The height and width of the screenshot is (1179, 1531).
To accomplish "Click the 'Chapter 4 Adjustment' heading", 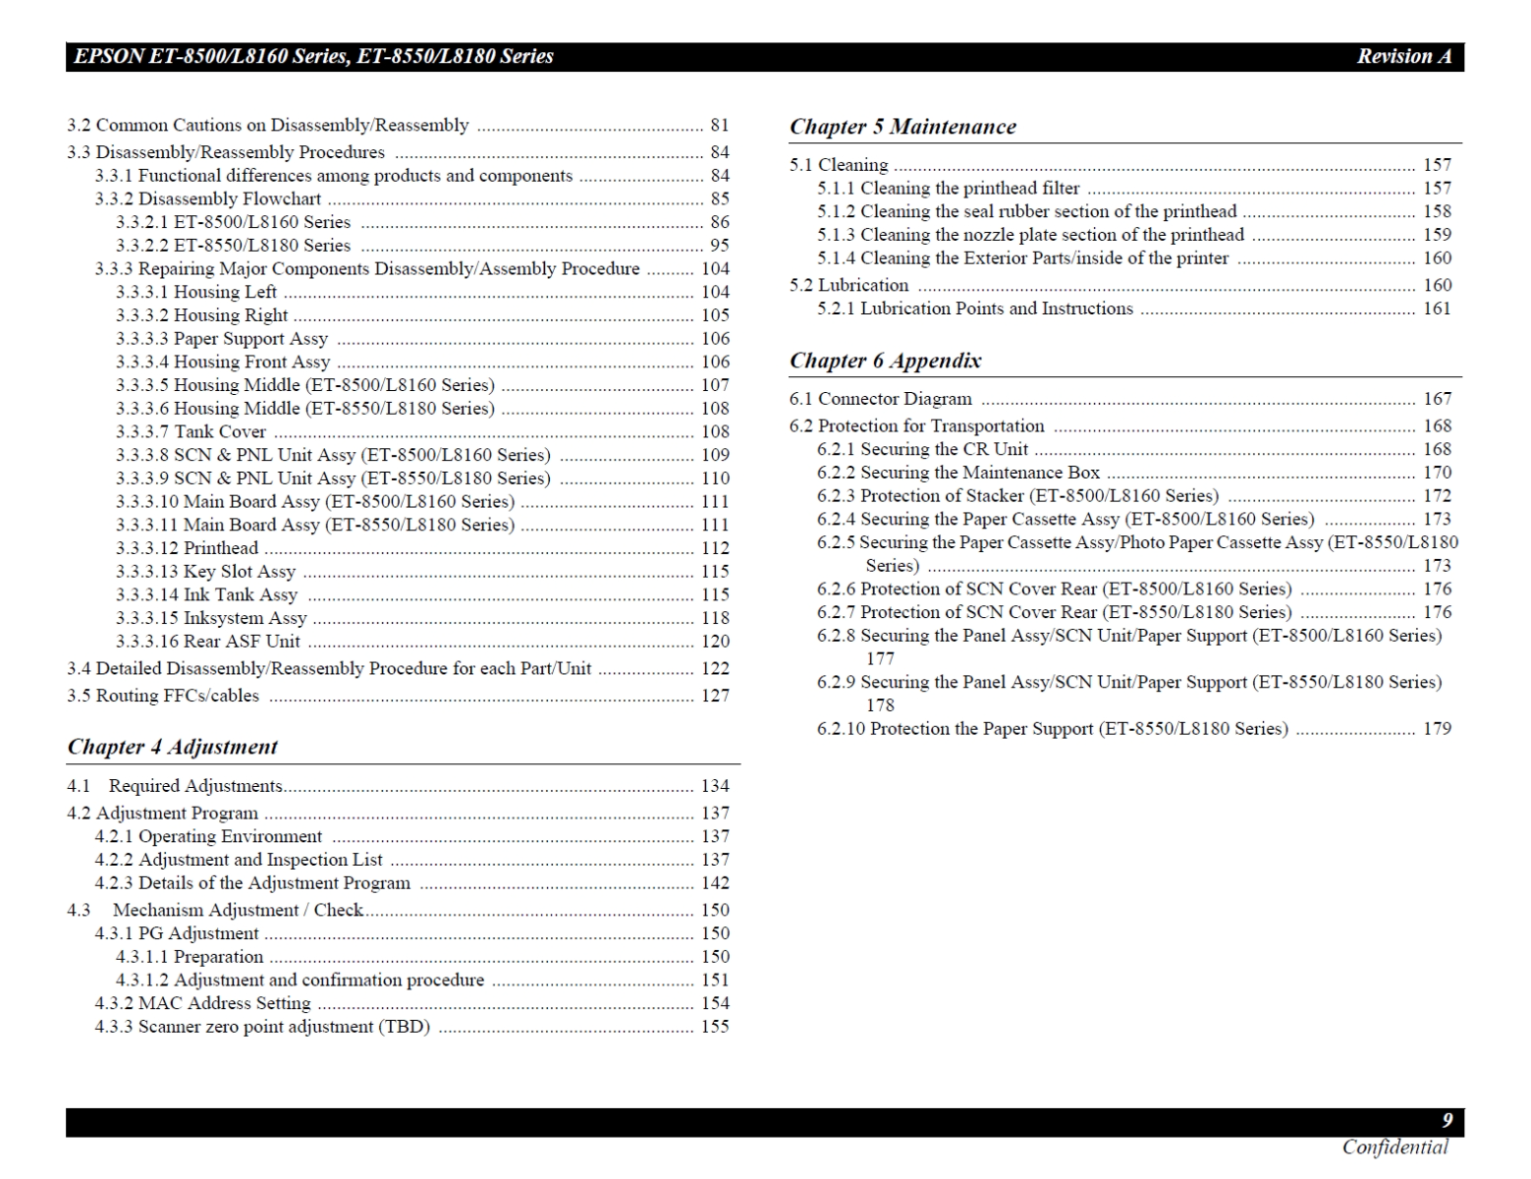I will [x=173, y=747].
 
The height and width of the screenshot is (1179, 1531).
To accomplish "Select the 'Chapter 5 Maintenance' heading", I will [x=902, y=127].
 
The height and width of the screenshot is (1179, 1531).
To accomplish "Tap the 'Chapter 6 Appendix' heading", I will [x=885, y=361].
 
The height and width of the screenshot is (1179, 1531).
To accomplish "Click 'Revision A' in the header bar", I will [x=1403, y=56].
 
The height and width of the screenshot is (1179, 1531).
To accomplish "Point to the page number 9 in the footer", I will [x=1447, y=1121].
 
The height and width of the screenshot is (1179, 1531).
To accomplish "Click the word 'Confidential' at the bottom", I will [x=1394, y=1147].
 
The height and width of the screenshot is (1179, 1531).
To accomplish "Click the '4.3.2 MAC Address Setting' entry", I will [x=202, y=1003].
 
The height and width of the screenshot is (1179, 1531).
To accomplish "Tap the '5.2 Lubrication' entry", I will [x=848, y=285].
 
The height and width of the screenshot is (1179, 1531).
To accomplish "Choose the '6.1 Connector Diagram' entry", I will [x=880, y=399].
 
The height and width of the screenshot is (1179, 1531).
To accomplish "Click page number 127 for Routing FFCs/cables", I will [x=715, y=696].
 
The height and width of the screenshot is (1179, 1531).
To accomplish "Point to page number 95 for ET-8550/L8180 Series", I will [x=720, y=246].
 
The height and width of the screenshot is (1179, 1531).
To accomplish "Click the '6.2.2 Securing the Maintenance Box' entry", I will [x=957, y=473].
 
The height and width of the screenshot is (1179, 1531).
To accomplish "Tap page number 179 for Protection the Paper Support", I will [x=1437, y=729].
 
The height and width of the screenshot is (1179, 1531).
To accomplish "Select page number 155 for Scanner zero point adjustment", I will [x=715, y=1027].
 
